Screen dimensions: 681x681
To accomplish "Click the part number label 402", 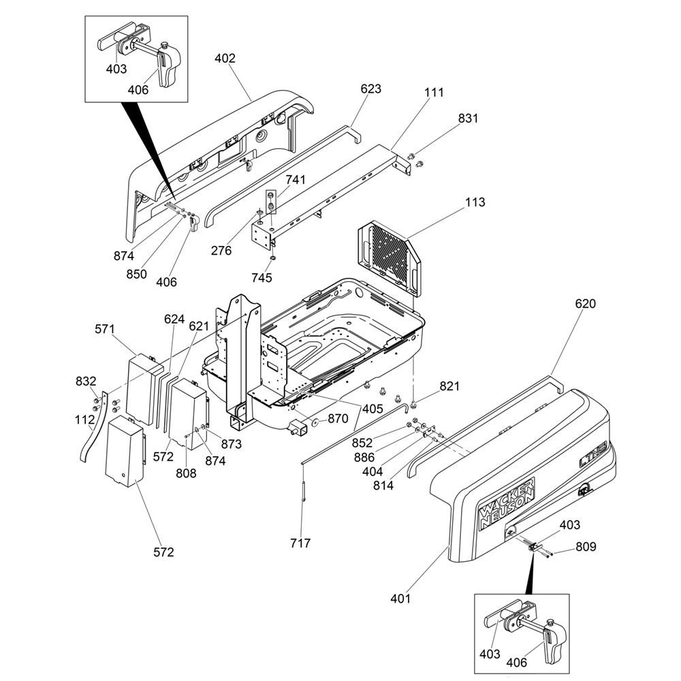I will click(x=225, y=59).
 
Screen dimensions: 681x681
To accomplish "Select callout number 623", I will click(x=371, y=89).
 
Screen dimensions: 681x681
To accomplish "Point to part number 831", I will click(x=468, y=118).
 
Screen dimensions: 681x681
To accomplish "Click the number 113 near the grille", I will click(x=475, y=202).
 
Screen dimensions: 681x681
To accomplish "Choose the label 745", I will click(x=262, y=278).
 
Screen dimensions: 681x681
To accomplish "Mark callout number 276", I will click(x=221, y=251).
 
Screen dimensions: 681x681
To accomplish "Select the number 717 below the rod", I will click(x=300, y=543).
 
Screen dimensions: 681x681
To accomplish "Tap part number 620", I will click(x=585, y=304).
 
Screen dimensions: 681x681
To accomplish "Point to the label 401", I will click(x=400, y=599).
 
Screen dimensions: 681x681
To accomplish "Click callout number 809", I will click(x=586, y=546).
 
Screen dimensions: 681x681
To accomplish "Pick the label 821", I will click(x=449, y=386).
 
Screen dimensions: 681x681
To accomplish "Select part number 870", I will click(x=338, y=419).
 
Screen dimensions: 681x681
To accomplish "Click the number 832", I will click(x=86, y=381).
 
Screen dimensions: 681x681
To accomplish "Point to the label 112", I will click(x=84, y=420).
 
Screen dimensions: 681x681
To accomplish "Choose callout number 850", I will click(x=137, y=274).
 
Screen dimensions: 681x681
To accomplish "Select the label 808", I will click(x=186, y=473).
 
